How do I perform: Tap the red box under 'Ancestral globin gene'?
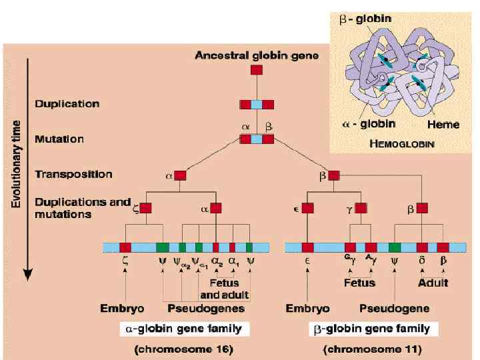click(257, 69)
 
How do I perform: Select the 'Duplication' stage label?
click(67, 104)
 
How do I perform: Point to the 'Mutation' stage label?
click(60, 139)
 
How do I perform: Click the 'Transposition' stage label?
click(73, 175)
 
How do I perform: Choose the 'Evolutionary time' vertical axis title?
click(15, 154)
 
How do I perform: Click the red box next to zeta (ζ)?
click(145, 208)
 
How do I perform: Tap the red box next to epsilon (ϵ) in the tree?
click(307, 208)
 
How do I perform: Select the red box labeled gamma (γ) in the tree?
click(361, 208)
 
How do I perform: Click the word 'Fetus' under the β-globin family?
click(360, 283)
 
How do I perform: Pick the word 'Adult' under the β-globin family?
click(433, 283)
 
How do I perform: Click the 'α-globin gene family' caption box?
click(184, 329)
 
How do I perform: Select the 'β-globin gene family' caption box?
click(372, 329)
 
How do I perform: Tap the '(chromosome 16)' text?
click(184, 348)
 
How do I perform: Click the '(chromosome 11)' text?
click(372, 348)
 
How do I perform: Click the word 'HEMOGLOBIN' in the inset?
click(402, 143)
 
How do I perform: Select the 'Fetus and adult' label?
click(225, 289)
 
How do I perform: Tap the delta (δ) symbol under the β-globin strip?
click(422, 262)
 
